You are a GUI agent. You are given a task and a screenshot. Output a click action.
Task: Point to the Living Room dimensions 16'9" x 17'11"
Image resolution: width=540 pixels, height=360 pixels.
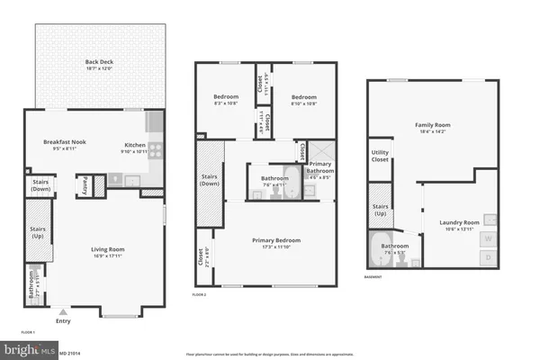pos(106,256)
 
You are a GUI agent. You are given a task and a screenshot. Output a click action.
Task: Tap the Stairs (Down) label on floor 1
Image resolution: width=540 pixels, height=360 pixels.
pos(39,184)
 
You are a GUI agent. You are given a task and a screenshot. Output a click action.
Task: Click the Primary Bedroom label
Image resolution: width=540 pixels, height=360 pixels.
pos(275,240)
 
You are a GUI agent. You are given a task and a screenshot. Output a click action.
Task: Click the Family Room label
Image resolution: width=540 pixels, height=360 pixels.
pos(432,125)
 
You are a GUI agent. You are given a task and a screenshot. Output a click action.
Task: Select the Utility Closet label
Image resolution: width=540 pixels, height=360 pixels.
pos(380,157)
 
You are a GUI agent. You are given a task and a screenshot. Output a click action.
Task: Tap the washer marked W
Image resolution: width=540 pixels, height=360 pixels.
pos(489,238)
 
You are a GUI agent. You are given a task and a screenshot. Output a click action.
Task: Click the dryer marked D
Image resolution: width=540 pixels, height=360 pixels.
pos(489,257)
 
